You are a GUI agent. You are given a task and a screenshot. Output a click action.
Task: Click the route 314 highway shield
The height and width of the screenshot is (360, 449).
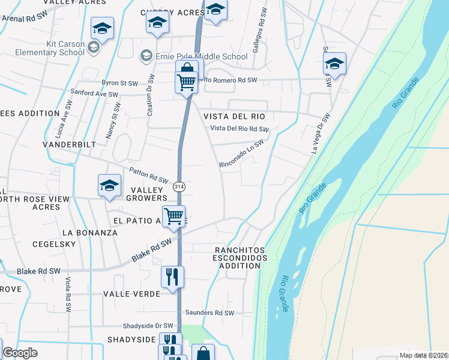pyautogui.click(x=179, y=187)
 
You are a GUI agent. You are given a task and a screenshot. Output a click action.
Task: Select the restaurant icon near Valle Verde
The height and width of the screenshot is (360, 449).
pyautogui.click(x=172, y=277)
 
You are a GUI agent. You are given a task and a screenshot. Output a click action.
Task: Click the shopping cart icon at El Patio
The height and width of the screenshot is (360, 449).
pyautogui.click(x=173, y=215)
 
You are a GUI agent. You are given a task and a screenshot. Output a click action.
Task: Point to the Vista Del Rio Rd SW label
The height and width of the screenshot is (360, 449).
pyautogui.click(x=240, y=129)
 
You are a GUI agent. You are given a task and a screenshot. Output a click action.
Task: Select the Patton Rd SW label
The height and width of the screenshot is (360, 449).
pyautogui.click(x=148, y=175)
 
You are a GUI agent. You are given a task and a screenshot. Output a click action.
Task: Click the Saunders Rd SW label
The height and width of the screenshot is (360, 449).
pyautogui.click(x=209, y=313)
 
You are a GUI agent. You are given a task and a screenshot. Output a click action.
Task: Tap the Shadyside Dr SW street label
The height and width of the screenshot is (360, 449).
pyautogui.click(x=148, y=326)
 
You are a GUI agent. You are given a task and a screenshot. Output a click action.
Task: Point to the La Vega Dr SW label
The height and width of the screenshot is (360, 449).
pyautogui.click(x=321, y=134)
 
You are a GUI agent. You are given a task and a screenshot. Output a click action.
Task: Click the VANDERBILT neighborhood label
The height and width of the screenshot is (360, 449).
pyautogui.click(x=70, y=145)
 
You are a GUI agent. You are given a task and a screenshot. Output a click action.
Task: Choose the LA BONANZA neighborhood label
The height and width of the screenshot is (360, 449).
pyautogui.click(x=89, y=232)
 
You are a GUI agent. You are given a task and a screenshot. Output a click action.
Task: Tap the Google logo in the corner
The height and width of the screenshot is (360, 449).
pyautogui.click(x=20, y=353)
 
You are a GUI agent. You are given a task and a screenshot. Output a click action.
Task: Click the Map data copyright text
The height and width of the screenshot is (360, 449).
pyautogui.click(x=423, y=355)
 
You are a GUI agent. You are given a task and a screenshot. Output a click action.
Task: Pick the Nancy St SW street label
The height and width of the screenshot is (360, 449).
pyautogui.click(x=113, y=121)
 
